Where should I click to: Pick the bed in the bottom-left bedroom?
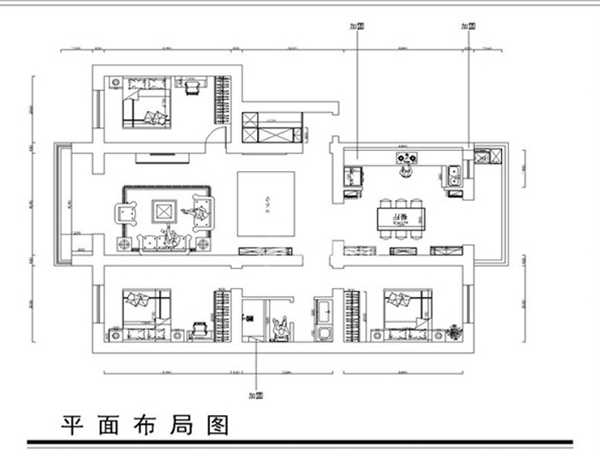pos(147,309)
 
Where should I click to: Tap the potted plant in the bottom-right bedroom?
pos(456,332)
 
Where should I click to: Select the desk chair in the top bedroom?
pos(194,88)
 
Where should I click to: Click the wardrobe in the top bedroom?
pos(221,101)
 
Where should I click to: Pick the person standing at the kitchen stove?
pos(405,171)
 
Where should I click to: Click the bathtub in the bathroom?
pos(323,312)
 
